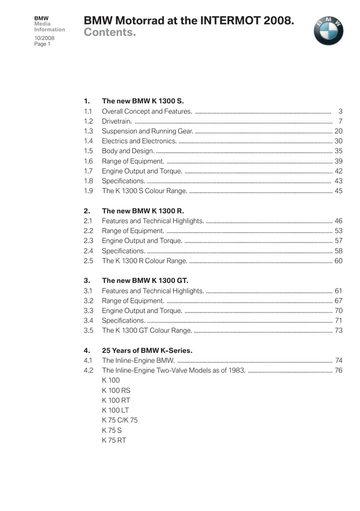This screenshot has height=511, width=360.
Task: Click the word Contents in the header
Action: pyautogui.click(x=110, y=33)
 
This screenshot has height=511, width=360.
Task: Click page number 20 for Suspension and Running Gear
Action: pyautogui.click(x=338, y=131)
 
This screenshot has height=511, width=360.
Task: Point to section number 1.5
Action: pyautogui.click(x=89, y=150)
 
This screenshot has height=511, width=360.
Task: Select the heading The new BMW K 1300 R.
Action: pyautogui.click(x=143, y=211)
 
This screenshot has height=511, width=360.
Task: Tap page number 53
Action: pyautogui.click(x=338, y=230)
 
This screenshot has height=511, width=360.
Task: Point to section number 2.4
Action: pyautogui.click(x=89, y=250)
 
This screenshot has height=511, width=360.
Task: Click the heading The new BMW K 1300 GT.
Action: pyautogui.click(x=145, y=280)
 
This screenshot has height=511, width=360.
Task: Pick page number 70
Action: pyautogui.click(x=338, y=310)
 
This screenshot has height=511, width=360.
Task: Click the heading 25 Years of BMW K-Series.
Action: pyautogui.click(x=147, y=350)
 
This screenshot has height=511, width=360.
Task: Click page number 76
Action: pyautogui.click(x=338, y=370)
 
